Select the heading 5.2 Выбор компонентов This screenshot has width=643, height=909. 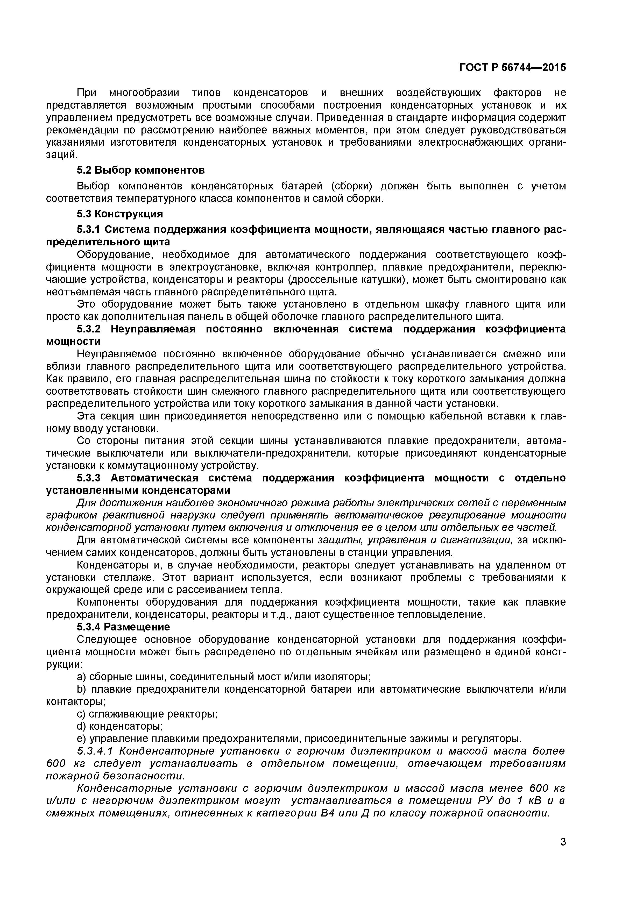click(140, 170)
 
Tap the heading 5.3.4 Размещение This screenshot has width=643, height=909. click(123, 627)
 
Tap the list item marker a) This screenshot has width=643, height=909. click(81, 677)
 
